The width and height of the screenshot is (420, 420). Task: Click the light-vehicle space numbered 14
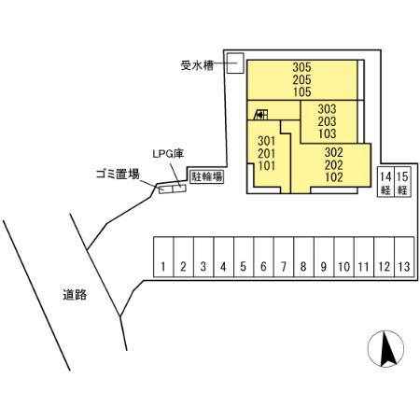tap(385, 182)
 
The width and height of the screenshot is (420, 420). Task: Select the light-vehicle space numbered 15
tap(403, 182)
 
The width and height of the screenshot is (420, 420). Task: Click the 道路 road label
tap(75, 295)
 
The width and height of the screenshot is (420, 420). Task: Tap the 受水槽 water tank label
tap(198, 65)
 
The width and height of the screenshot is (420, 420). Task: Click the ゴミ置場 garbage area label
tap(118, 174)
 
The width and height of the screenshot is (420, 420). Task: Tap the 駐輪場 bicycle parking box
tap(206, 175)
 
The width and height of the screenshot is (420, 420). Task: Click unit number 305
tap(301, 67)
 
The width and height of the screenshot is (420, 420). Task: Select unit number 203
tap(326, 121)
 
